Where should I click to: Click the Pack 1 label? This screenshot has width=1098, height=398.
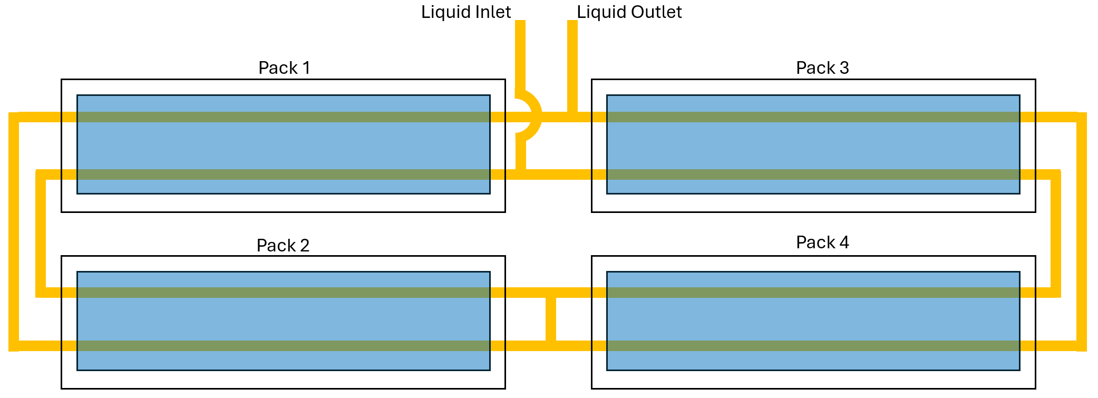[284, 68]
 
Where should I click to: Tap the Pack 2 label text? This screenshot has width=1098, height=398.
[283, 246]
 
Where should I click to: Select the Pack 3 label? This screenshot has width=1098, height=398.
[822, 68]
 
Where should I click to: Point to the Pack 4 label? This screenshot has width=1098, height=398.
[822, 242]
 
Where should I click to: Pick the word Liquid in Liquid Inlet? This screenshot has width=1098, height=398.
[443, 12]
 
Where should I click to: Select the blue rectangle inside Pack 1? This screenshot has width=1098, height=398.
[283, 145]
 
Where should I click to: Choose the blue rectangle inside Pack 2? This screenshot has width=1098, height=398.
[283, 321]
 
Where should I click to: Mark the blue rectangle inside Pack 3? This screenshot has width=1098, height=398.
[813, 145]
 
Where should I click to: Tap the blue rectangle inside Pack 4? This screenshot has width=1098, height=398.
[813, 321]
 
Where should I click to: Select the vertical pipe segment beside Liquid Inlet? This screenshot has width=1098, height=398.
[520, 53]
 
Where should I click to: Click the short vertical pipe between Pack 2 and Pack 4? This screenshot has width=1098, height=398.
[551, 319]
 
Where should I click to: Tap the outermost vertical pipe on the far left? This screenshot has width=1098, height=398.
[14, 232]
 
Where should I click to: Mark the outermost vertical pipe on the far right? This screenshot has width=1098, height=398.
[1081, 232]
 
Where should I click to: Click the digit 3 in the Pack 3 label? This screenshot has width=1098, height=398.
[844, 68]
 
